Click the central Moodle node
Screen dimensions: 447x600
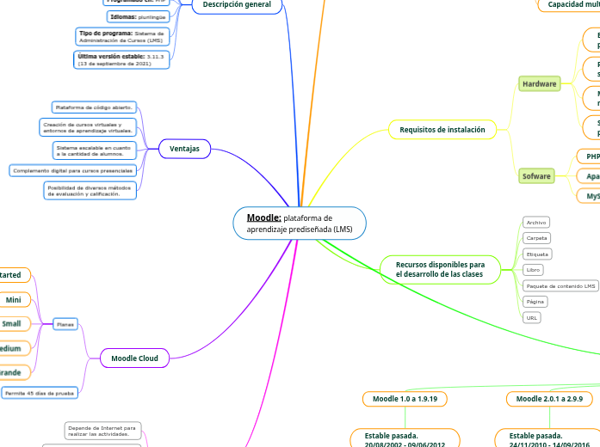point(300,223)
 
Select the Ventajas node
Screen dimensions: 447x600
point(184,149)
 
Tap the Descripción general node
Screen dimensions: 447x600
point(237,5)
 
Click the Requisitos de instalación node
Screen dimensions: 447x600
point(442,130)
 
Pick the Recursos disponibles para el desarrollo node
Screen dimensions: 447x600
point(440,268)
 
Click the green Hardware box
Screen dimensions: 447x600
point(539,83)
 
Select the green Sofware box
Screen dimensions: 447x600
point(536,176)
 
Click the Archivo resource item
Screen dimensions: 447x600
point(536,222)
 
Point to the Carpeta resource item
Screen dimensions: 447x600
point(536,238)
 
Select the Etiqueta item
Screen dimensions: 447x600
point(537,254)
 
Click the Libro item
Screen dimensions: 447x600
point(533,270)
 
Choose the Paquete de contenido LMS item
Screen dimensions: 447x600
point(560,285)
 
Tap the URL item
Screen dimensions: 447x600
point(532,317)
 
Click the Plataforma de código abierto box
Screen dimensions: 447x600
point(93,107)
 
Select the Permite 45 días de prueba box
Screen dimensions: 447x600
point(40,393)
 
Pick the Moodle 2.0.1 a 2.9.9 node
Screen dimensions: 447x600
point(549,399)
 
